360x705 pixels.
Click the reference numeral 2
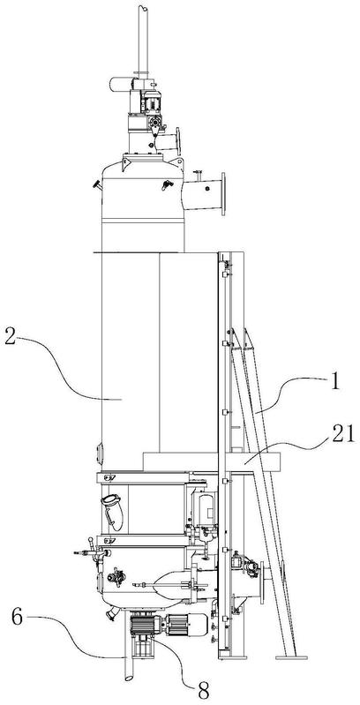pos(10,338)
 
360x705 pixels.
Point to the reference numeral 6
pos(17,618)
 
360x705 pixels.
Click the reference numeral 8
pos(203,690)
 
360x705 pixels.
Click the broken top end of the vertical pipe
pos(143,8)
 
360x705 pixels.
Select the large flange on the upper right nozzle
pos(223,194)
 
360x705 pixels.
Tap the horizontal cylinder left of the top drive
pos(120,85)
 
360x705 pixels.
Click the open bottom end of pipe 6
pos(128,677)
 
